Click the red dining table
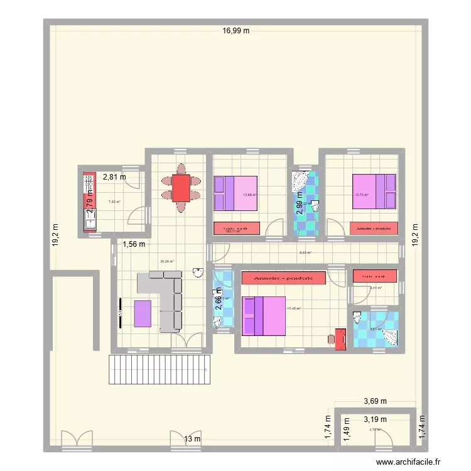click(x=181, y=188)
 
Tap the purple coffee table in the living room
click(x=143, y=313)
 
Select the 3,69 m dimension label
click(x=376, y=401)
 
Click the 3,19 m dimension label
click(x=376, y=419)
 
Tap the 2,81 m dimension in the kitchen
click(x=115, y=177)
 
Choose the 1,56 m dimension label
click(x=134, y=244)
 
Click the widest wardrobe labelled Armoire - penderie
click(x=283, y=278)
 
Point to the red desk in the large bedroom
click(x=340, y=338)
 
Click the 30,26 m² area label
click(x=166, y=261)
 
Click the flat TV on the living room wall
click(x=119, y=312)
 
